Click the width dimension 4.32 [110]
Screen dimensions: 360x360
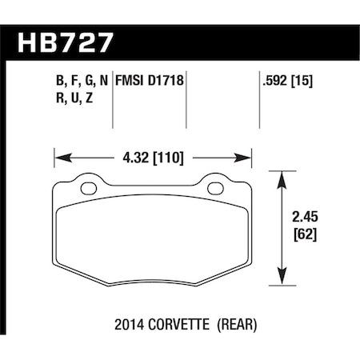(153, 158)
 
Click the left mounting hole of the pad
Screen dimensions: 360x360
(90, 189)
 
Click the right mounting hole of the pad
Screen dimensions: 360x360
(215, 189)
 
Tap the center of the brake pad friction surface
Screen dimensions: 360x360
(153, 236)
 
